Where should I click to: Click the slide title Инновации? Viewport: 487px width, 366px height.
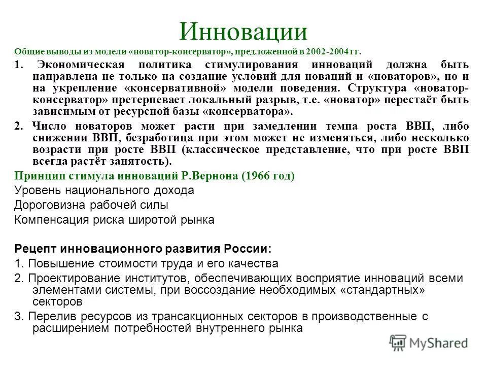(x=243, y=32)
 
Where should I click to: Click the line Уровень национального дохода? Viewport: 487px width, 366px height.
(x=105, y=191)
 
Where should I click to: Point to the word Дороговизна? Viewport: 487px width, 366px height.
(x=46, y=205)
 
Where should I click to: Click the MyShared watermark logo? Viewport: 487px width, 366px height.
(x=429, y=342)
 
